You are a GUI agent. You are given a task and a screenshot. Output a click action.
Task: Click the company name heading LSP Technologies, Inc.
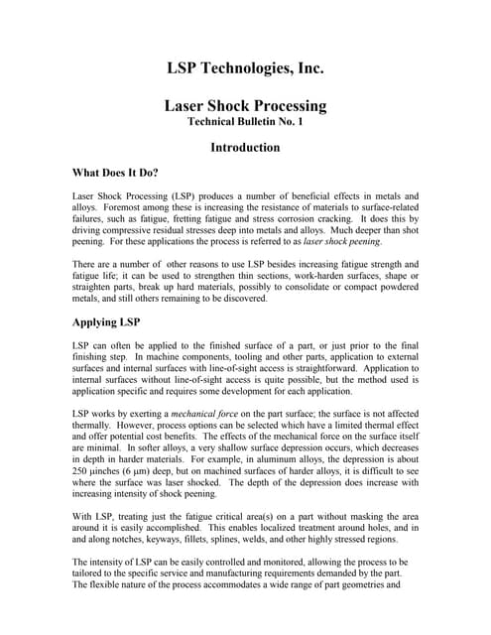coord(245,68)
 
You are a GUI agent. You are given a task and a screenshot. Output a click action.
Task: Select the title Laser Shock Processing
coord(245,105)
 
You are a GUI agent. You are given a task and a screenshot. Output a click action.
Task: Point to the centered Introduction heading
coord(245,148)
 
